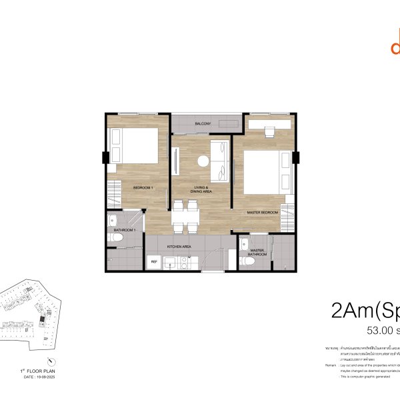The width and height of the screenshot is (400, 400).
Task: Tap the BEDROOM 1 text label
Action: click(x=143, y=187)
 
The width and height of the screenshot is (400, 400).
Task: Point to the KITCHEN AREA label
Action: click(x=180, y=247)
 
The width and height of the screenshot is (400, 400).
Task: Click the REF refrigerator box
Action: click(x=155, y=262)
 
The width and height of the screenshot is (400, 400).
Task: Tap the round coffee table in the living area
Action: click(x=202, y=160)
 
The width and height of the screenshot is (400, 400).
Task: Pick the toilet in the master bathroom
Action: click(x=249, y=262)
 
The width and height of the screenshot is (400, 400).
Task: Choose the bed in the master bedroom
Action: click(x=266, y=172)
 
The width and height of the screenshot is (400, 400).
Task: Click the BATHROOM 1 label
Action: click(x=125, y=230)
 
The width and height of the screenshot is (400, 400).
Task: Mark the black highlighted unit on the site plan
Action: click(x=42, y=319)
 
